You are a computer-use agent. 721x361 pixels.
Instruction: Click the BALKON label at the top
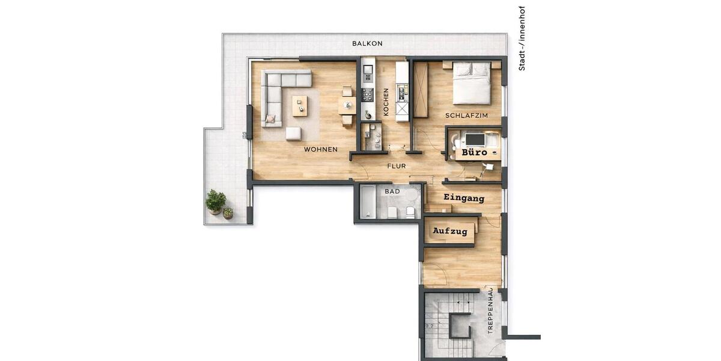pyautogui.click(x=367, y=44)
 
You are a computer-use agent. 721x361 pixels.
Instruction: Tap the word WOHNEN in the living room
pyautogui.click(x=320, y=149)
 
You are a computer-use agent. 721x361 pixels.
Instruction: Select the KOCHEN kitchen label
pyautogui.click(x=386, y=102)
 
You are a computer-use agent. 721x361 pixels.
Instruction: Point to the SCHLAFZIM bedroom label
pyautogui.click(x=466, y=116)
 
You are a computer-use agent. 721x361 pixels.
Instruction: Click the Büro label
pyautogui.click(x=474, y=153)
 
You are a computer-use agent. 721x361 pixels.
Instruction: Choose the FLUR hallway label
pyautogui.click(x=397, y=166)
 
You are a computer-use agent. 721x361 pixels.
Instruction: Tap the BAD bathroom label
pyautogui.click(x=392, y=191)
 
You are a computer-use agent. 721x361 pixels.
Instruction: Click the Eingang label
pyautogui.click(x=463, y=197)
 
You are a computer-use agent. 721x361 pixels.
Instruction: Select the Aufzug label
pyautogui.click(x=450, y=231)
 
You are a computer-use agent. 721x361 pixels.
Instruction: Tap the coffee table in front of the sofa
pyautogui.click(x=300, y=106)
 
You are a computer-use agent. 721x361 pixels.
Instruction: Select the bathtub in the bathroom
pyautogui.click(x=367, y=202)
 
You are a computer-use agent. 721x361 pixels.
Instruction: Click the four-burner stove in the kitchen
pyautogui.click(x=367, y=94)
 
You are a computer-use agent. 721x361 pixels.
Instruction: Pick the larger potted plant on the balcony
pyautogui.click(x=216, y=201)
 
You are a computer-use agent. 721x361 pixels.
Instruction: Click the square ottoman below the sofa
pyautogui.click(x=293, y=134)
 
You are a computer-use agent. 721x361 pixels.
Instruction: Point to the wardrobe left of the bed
pyautogui.click(x=421, y=90)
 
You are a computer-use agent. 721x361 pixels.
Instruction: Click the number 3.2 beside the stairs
pyautogui.click(x=429, y=327)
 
